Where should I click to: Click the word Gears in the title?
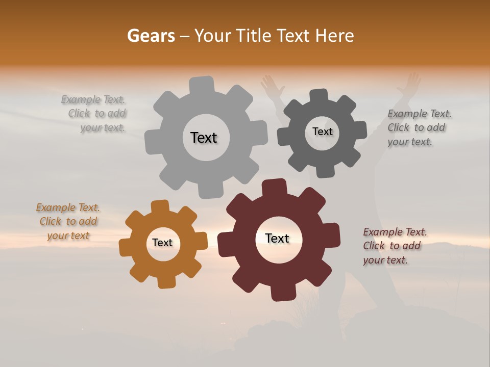coord(151,36)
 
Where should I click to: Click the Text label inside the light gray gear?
coord(204,138)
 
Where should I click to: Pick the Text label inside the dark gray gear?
coord(322,132)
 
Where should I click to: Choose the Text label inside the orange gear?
coord(162,243)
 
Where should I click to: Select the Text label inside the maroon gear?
coord(277,239)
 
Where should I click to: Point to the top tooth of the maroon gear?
coord(274,187)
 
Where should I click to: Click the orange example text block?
coord(68,222)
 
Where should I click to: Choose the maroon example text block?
coord(395,246)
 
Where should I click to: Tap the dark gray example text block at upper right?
coord(419,128)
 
